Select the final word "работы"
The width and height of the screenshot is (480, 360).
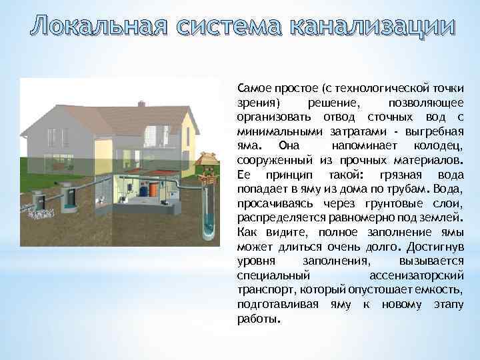click(259, 319)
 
